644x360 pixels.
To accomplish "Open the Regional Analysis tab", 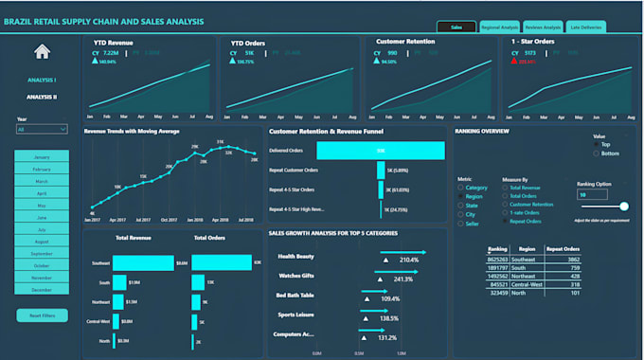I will pyautogui.click(x=499, y=27).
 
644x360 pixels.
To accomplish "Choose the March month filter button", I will pyautogui.click(x=42, y=180).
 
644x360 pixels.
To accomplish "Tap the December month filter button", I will pyautogui.click(x=42, y=290).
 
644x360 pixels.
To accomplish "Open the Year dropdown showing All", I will pyautogui.click(x=42, y=129).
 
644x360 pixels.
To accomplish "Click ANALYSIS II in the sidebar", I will pyautogui.click(x=41, y=97).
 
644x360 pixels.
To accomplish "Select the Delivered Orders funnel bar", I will pyautogui.click(x=380, y=151).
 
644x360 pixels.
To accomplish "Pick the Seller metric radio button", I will pyautogui.click(x=461, y=224).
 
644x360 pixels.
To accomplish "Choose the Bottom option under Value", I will pyautogui.click(x=595, y=153).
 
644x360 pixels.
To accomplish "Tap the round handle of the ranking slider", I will pyautogui.click(x=624, y=206).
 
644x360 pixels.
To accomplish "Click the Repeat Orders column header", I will pyautogui.click(x=563, y=249).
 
